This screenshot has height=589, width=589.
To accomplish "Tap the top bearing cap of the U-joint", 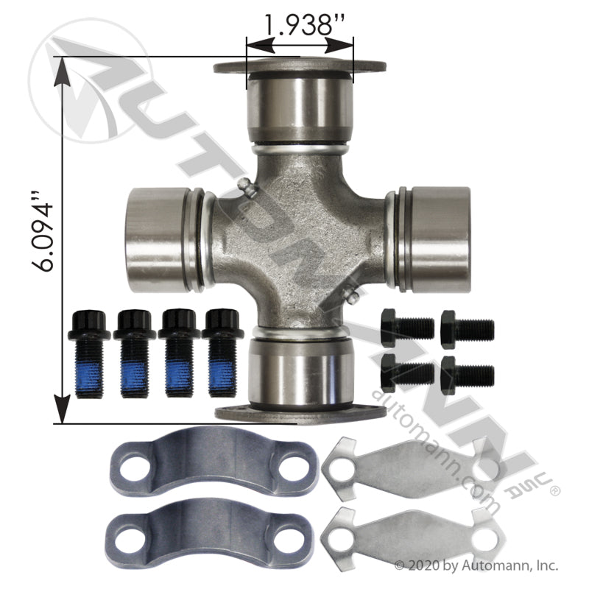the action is coord(300,102).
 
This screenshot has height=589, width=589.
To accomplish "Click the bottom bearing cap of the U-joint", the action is coord(300,378).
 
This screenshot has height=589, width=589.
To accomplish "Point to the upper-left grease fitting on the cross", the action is coord(246,187).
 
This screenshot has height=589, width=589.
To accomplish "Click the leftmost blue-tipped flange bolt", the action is coord(88,353).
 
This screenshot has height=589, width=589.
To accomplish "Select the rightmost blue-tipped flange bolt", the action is coord(222,353).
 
